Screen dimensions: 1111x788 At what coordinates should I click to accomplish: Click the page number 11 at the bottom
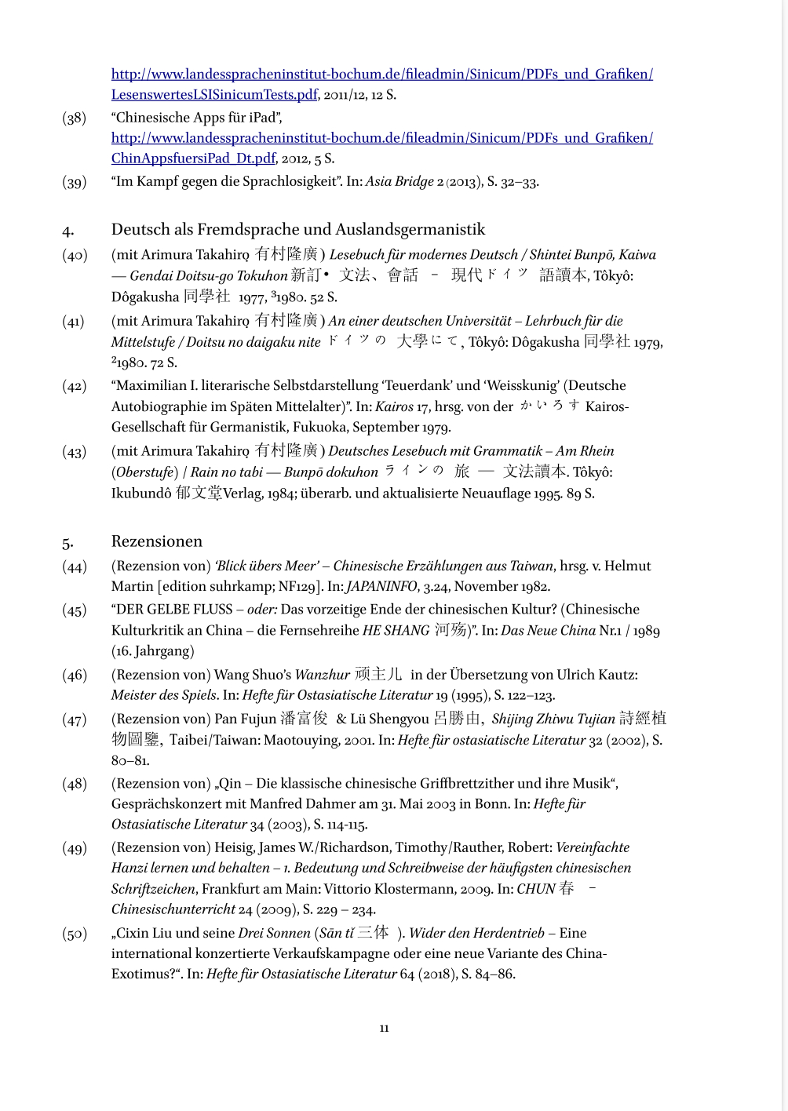[384, 1028]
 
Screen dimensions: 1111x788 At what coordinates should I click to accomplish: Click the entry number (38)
[75, 118]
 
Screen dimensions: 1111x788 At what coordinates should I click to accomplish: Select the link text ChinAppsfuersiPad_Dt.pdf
[193, 158]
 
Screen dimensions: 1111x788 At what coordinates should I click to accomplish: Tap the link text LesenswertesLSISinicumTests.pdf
[214, 95]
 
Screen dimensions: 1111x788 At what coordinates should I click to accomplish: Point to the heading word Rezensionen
[157, 541]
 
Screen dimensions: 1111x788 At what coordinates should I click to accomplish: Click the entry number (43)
[75, 452]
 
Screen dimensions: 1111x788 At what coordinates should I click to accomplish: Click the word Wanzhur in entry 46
[323, 675]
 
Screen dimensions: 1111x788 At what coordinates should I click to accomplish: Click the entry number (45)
[75, 610]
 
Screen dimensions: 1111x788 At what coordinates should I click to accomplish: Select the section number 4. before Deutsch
[68, 231]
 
